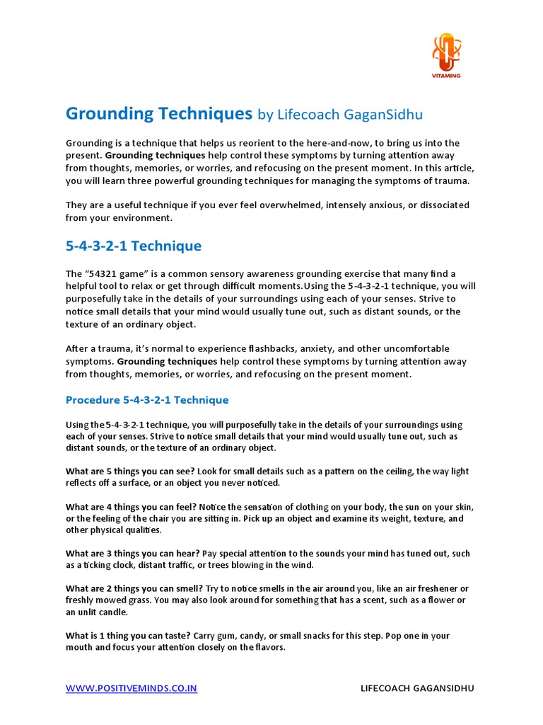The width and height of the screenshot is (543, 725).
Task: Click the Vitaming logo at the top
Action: [x=445, y=54]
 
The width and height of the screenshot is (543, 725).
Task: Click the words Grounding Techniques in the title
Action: [x=159, y=113]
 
